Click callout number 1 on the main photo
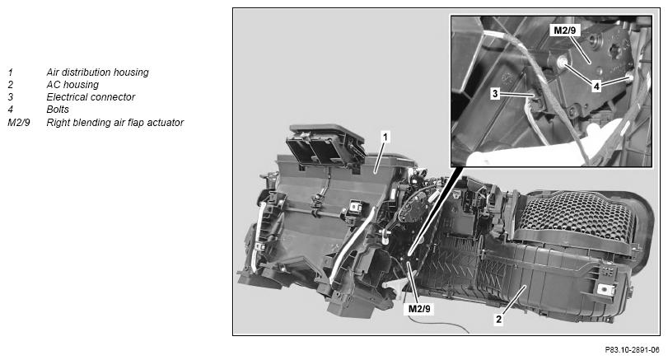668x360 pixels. tap(385, 138)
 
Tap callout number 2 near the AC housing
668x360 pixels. tap(498, 319)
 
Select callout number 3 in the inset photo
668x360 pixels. tap(494, 93)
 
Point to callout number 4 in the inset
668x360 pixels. tap(596, 86)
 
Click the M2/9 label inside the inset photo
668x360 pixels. tap(564, 30)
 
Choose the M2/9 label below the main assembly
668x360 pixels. tap(419, 308)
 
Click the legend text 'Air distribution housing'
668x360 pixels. tap(97, 72)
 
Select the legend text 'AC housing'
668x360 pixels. tap(72, 85)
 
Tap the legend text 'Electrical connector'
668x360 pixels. tap(91, 97)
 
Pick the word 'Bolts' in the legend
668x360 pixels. tap(58, 110)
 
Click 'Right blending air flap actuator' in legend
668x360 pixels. tap(115, 123)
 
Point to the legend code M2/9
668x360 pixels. tap(19, 123)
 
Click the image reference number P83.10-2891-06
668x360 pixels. tap(633, 350)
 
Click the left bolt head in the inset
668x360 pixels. tap(563, 63)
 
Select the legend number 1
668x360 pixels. tap(10, 72)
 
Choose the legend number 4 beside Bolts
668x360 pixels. tap(10, 110)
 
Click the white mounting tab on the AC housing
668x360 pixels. tap(605, 289)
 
